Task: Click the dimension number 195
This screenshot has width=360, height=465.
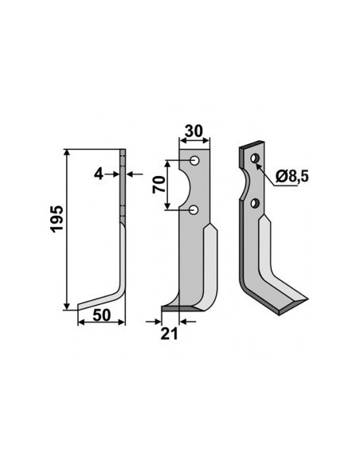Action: pyautogui.click(x=57, y=218)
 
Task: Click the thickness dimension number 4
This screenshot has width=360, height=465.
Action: pyautogui.click(x=98, y=174)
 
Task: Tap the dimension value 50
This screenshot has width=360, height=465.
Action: pyautogui.click(x=101, y=315)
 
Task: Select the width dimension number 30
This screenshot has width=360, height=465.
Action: pyautogui.click(x=194, y=131)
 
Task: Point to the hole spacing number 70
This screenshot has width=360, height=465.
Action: pyautogui.click(x=158, y=185)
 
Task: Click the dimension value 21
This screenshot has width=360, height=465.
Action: pyautogui.click(x=169, y=334)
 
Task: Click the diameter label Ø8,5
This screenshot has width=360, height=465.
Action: pyautogui.click(x=292, y=177)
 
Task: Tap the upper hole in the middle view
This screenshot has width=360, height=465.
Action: pyautogui.click(x=195, y=161)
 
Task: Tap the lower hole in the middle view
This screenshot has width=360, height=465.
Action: pyautogui.click(x=194, y=210)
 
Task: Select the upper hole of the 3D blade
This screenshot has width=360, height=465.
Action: pyautogui.click(x=254, y=158)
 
